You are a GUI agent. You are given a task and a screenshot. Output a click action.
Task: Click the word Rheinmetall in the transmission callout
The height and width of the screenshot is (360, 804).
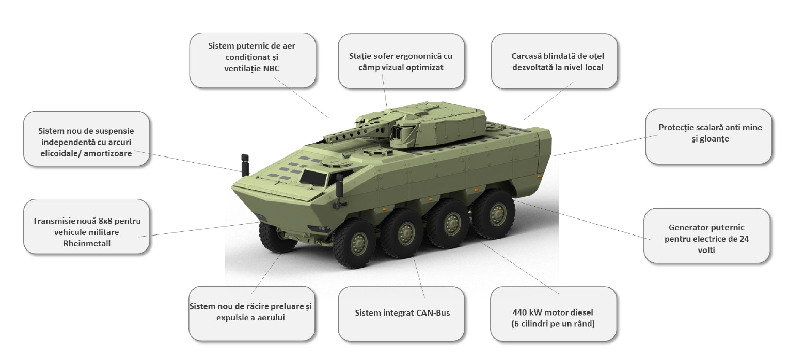tap(87, 243)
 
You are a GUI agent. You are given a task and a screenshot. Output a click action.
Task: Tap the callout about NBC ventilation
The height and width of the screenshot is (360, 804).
tap(253, 60)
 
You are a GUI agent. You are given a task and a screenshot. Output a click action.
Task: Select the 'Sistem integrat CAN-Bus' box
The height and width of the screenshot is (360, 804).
tap(401, 314)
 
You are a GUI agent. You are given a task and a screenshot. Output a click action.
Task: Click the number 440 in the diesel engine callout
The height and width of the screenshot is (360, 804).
tap(520, 312)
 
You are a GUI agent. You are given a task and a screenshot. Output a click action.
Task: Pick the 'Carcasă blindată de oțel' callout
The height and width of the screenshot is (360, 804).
tap(554, 61)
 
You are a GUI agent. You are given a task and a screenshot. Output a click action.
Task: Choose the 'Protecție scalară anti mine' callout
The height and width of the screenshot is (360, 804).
tap(708, 137)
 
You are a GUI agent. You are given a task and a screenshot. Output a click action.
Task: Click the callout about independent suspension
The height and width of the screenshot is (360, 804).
tap(87, 138)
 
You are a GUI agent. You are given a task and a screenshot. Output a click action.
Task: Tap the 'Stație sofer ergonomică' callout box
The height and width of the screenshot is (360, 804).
tap(401, 61)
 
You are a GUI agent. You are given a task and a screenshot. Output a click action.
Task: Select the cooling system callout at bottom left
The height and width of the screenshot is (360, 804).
tap(252, 314)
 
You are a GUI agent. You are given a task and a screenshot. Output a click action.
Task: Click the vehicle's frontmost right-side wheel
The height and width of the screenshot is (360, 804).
tap(355, 243)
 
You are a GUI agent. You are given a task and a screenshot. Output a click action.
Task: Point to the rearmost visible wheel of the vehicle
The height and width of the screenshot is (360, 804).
tap(494, 214)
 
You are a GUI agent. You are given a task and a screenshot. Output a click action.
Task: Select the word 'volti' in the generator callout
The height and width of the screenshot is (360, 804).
tap(706, 250)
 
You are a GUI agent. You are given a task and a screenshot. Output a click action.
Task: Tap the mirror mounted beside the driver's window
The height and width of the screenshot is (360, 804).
tap(339, 185)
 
